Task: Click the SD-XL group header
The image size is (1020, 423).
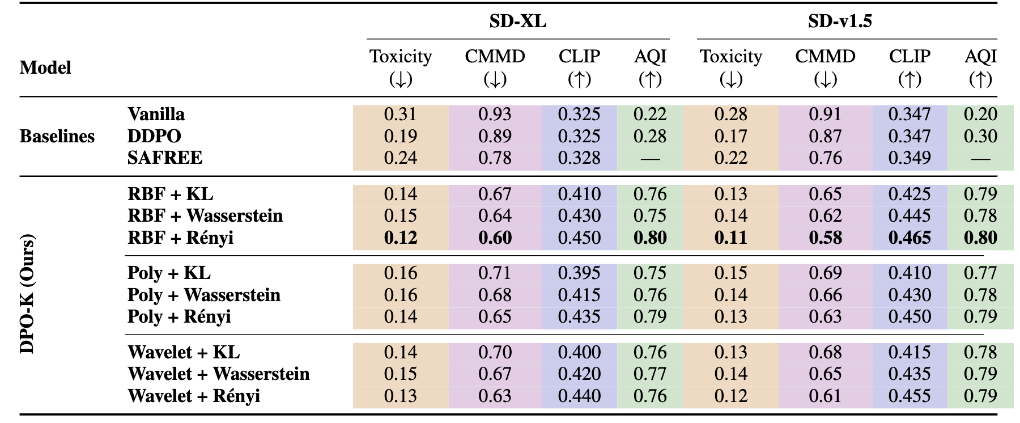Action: (517, 22)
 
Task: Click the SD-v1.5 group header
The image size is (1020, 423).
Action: (840, 22)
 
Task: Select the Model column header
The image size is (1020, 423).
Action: (45, 68)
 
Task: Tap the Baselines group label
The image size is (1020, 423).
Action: (57, 137)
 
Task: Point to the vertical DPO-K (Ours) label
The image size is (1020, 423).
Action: (27, 294)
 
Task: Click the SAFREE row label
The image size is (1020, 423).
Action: (165, 158)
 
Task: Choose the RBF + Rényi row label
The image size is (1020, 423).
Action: (181, 238)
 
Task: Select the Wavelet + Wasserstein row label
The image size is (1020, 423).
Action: (219, 374)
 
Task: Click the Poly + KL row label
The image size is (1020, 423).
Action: (169, 273)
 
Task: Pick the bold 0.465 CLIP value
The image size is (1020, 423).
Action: (909, 238)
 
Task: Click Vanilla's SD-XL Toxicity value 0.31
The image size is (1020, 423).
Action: (400, 115)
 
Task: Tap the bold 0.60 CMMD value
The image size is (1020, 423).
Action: (495, 238)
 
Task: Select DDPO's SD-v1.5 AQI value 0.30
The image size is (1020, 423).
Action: (980, 137)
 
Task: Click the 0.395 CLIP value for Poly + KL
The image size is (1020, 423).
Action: (579, 273)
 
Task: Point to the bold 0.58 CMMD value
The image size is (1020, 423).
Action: (825, 238)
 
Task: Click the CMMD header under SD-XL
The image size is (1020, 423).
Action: (495, 57)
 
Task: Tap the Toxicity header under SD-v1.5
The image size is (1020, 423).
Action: (730, 57)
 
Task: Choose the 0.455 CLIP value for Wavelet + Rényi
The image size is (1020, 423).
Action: (909, 396)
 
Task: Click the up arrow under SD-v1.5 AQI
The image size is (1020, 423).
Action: (980, 80)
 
